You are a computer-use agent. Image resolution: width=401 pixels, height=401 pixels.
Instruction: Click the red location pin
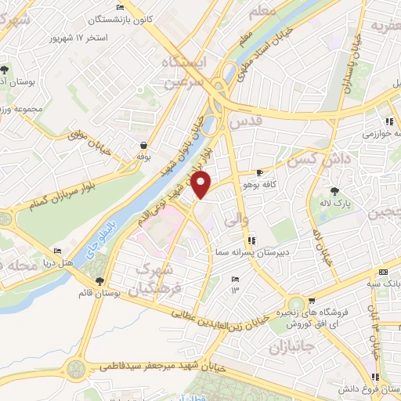pos(202,185)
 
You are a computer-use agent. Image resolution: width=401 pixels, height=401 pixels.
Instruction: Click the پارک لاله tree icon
pos(335,191)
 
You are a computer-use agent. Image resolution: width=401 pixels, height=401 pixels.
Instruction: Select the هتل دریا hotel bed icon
pos(57,252)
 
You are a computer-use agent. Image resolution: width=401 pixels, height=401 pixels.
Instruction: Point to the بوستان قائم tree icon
pos(99,281)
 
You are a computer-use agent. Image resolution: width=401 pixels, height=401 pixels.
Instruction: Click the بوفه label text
pos(143,156)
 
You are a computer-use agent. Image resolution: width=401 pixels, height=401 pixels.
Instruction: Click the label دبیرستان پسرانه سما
pos(248,253)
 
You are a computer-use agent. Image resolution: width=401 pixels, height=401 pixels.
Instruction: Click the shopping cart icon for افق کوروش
pos(313,298)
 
